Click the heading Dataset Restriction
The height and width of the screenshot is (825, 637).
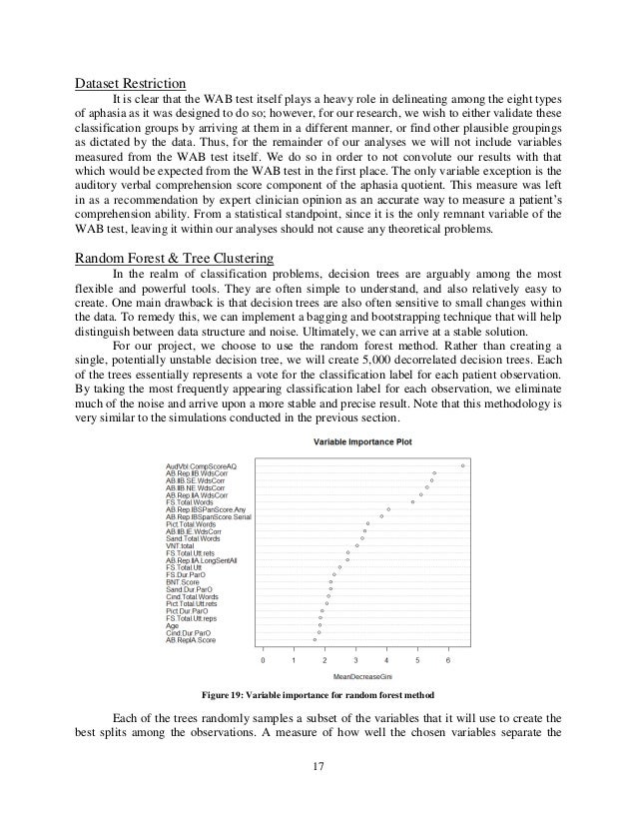click(x=129, y=83)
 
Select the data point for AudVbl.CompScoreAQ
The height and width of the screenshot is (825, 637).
click(x=463, y=464)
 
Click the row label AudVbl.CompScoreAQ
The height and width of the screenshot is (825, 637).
click(x=201, y=464)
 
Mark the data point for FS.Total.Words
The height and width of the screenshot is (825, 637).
click(x=412, y=501)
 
